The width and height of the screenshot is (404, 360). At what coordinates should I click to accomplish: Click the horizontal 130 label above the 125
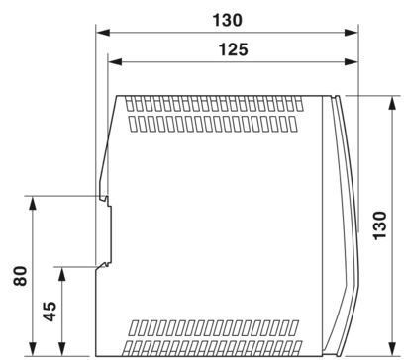[227, 20]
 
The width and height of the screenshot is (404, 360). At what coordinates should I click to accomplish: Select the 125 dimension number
[233, 49]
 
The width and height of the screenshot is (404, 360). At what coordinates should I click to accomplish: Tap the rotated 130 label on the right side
[379, 225]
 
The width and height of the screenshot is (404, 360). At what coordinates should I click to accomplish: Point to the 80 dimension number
[20, 276]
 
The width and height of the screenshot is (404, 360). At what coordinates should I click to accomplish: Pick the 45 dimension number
[50, 312]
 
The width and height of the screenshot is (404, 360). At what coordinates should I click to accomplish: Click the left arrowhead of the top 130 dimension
[103, 33]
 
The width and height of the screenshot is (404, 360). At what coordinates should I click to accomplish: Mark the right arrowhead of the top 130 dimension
[352, 33]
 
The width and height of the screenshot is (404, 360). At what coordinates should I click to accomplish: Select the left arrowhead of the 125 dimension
[115, 61]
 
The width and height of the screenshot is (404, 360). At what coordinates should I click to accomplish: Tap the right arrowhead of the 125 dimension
[352, 61]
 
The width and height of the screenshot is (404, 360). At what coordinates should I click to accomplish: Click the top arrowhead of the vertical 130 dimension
[392, 103]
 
